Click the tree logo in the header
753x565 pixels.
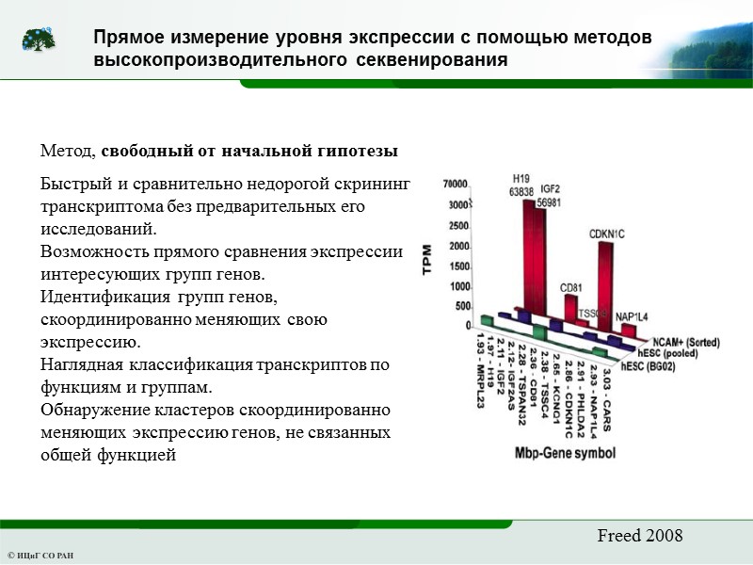pyautogui.click(x=39, y=40)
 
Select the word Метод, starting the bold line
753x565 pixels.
pyautogui.click(x=69, y=151)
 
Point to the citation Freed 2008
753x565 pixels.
pyautogui.click(x=639, y=536)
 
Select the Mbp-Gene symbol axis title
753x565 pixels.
pyautogui.click(x=566, y=453)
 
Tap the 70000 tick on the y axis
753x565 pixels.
pyautogui.click(x=456, y=184)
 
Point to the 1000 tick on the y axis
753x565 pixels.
pyautogui.click(x=458, y=286)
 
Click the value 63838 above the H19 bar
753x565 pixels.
pyautogui.click(x=521, y=191)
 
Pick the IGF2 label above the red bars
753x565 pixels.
pyautogui.click(x=549, y=188)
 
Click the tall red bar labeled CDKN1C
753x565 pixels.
pyautogui.click(x=608, y=282)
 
